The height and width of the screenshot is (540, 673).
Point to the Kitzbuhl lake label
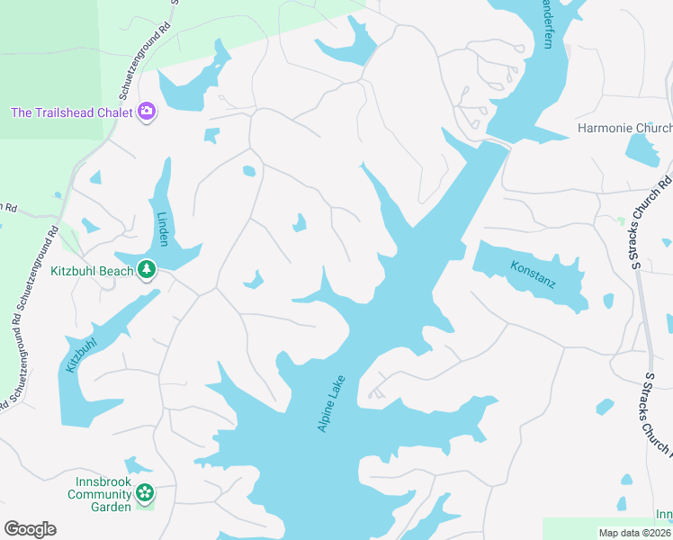pyautogui.click(x=80, y=355)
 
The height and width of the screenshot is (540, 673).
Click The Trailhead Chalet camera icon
pyautogui.click(x=147, y=112)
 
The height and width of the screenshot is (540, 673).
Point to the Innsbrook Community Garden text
pyautogui.click(x=100, y=494)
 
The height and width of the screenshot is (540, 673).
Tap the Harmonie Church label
pyautogui.click(x=624, y=128)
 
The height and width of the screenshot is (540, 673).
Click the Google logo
pyautogui.click(x=30, y=529)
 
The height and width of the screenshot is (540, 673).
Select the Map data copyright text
pyautogui.click(x=635, y=533)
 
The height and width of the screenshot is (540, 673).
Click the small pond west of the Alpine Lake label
pyautogui.click(x=254, y=280)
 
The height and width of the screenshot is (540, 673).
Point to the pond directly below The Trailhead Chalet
pyautogui.click(x=212, y=136)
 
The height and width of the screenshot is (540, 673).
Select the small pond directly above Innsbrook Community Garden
pyautogui.click(x=137, y=464)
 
